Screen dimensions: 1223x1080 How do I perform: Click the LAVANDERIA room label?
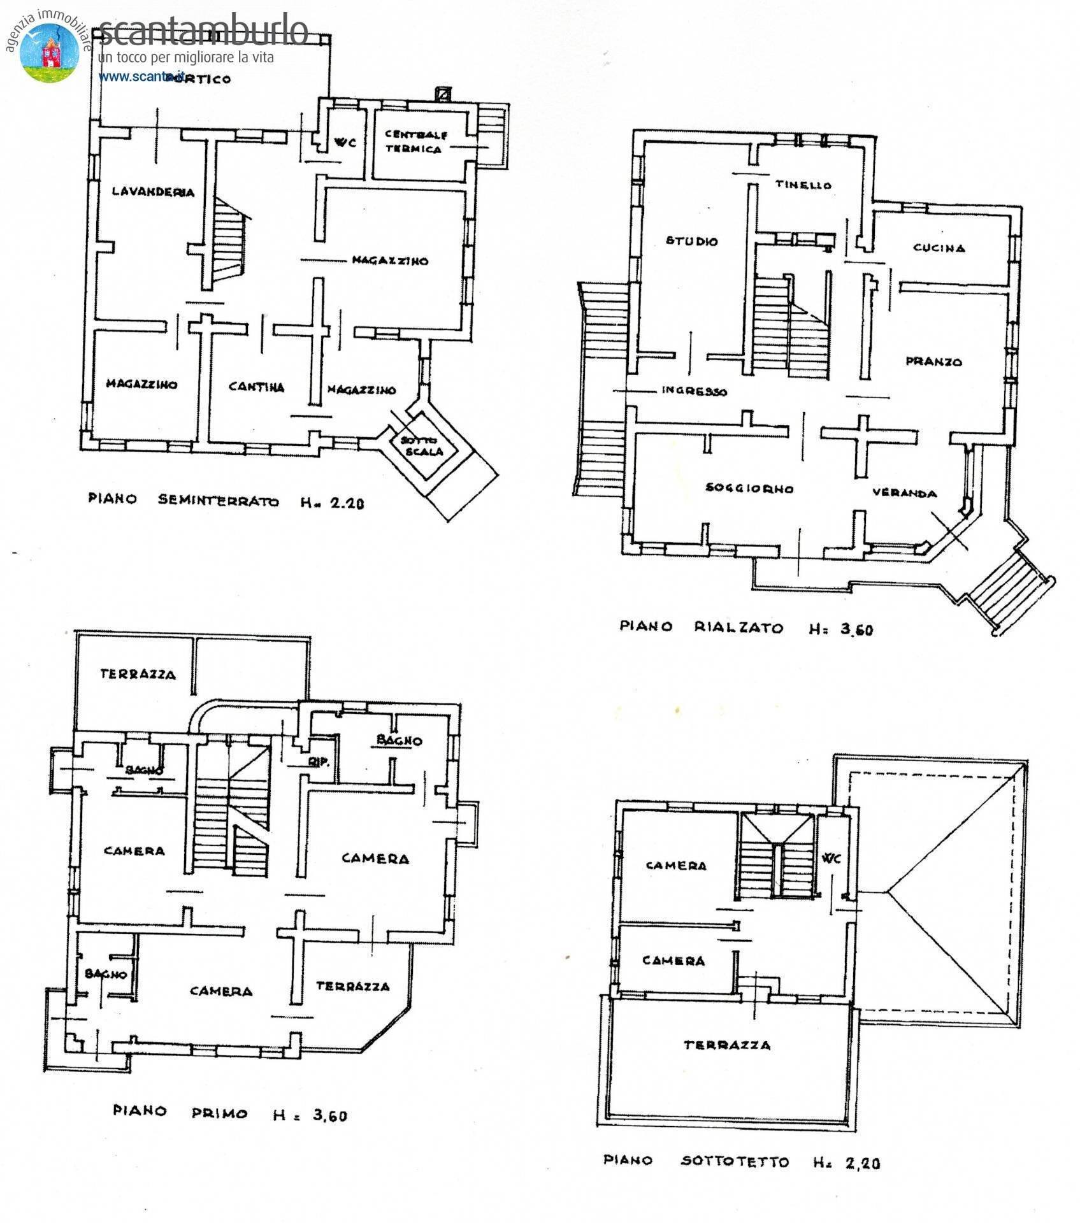pos(153,192)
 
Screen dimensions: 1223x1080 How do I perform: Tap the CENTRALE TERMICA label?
pos(415,142)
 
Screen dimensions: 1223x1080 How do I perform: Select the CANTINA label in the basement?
pos(256,387)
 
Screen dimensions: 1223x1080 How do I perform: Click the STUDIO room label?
pos(691,241)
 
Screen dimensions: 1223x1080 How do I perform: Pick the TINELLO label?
pos(803,185)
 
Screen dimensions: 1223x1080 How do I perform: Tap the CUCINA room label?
pos(939,248)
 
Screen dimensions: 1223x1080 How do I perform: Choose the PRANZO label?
pos(933,361)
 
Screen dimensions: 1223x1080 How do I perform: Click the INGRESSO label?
pos(694,390)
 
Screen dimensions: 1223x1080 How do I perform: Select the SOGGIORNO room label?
pos(749,489)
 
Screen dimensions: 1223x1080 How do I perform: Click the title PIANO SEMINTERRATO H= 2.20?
pos(226,501)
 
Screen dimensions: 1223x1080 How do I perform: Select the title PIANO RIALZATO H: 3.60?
pos(746,628)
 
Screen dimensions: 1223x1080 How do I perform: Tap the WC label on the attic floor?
pos(832,859)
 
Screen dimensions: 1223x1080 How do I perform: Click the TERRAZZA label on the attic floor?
pos(726,1045)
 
